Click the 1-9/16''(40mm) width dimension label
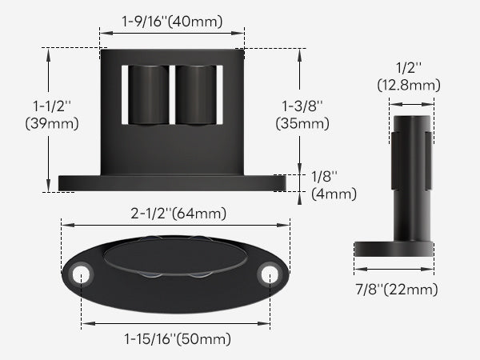pos(172,22)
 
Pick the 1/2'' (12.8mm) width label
pos(411,78)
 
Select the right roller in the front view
pos(196,95)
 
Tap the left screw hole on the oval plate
pos(80,274)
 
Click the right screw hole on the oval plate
pos(268,274)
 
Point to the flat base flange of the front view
pos(172,183)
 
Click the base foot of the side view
pos(394,249)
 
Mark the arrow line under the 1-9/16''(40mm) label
pos(172,34)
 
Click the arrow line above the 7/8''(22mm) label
pos(394,269)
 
